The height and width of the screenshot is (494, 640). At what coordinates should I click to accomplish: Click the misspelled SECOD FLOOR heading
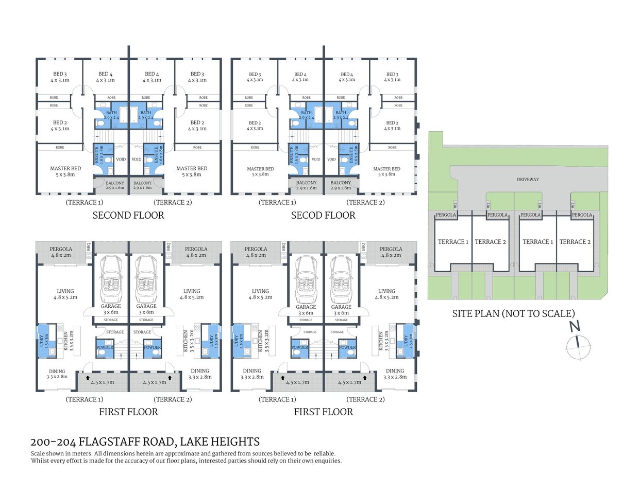(x=323, y=216)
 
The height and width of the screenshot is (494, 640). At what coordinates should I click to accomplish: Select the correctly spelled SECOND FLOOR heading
(x=128, y=216)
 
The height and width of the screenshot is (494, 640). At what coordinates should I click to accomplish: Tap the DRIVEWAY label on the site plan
(x=528, y=180)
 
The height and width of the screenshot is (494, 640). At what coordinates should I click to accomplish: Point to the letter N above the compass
(x=575, y=326)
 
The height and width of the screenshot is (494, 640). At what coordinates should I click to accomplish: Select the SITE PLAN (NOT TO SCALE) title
(x=513, y=313)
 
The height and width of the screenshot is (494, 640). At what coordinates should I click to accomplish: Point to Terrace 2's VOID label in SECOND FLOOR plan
(x=136, y=160)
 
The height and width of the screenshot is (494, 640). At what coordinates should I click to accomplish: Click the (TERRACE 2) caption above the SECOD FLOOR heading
(x=365, y=202)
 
